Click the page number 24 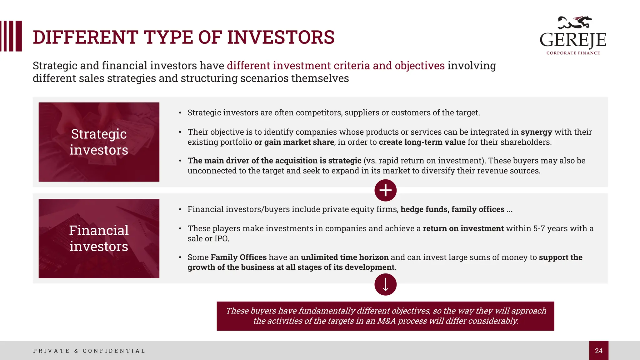click(x=598, y=351)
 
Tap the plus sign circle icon click(x=385, y=190)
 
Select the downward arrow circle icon click(x=385, y=284)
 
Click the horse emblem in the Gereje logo click(x=575, y=23)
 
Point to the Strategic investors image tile click(x=99, y=142)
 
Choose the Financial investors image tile click(x=99, y=238)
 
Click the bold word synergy click(x=536, y=132)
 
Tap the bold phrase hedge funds click(x=424, y=209)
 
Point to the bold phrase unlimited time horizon click(x=344, y=257)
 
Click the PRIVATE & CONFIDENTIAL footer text click(x=89, y=351)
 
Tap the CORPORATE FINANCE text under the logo click(x=573, y=53)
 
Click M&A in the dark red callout click(x=386, y=321)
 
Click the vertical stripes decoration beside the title click(x=11, y=36)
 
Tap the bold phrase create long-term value click(x=422, y=142)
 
